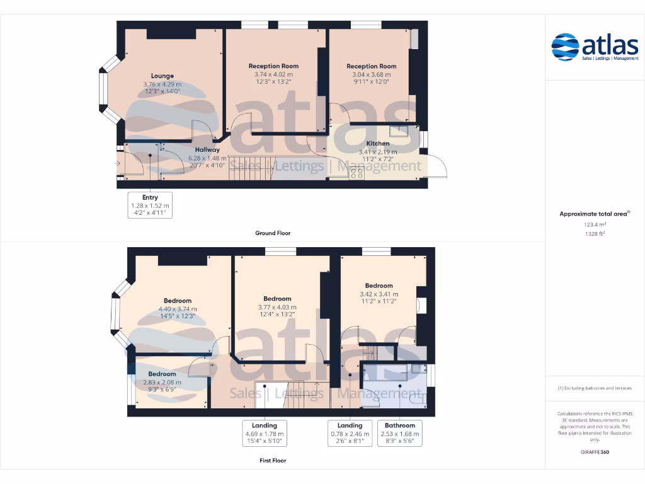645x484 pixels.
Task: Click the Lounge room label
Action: pos(162,76)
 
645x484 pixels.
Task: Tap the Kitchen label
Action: pos(378,143)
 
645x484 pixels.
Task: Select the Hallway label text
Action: pos(207,149)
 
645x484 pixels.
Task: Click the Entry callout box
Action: pos(150,205)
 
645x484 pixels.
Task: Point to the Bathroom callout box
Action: pos(400,434)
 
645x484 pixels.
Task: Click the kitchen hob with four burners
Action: pos(357,173)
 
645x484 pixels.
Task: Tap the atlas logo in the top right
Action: pos(595,47)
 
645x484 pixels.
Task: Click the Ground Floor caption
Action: pos(273,233)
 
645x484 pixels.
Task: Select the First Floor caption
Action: pos(273,461)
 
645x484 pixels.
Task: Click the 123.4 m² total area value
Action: pos(595,224)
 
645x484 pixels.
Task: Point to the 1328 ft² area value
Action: pos(595,233)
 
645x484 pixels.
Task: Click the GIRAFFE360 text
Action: pos(595,452)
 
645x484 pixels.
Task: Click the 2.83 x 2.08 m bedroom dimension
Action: pos(162,382)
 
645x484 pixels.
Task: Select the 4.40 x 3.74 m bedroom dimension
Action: pos(178,309)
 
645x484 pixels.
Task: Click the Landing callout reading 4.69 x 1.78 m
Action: pos(265,434)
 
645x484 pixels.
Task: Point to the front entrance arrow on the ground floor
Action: pos(118,163)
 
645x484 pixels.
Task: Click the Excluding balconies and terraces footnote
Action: pos(595,388)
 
